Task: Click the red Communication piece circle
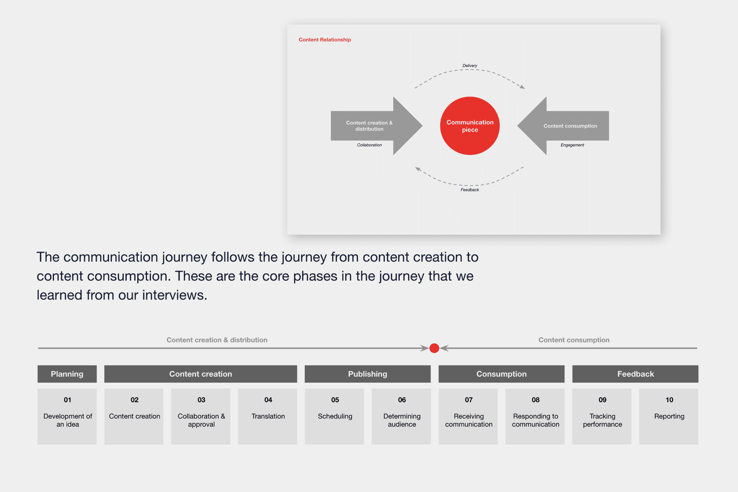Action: (x=470, y=126)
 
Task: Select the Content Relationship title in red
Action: (x=324, y=40)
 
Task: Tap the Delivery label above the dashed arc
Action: (x=470, y=65)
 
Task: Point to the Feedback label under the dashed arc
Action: (x=470, y=190)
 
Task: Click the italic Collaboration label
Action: (x=369, y=145)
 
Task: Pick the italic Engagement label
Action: (x=572, y=145)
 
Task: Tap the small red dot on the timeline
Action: (x=434, y=348)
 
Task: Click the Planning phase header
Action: (x=67, y=374)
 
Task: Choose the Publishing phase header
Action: (x=367, y=374)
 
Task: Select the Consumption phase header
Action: (x=501, y=374)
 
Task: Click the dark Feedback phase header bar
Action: (x=635, y=374)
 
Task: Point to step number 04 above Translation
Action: (x=268, y=400)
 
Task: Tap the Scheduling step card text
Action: (x=335, y=416)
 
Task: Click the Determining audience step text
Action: (x=402, y=420)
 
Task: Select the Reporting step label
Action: (x=669, y=416)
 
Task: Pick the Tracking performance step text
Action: (x=602, y=420)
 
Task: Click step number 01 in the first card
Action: (x=67, y=400)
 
